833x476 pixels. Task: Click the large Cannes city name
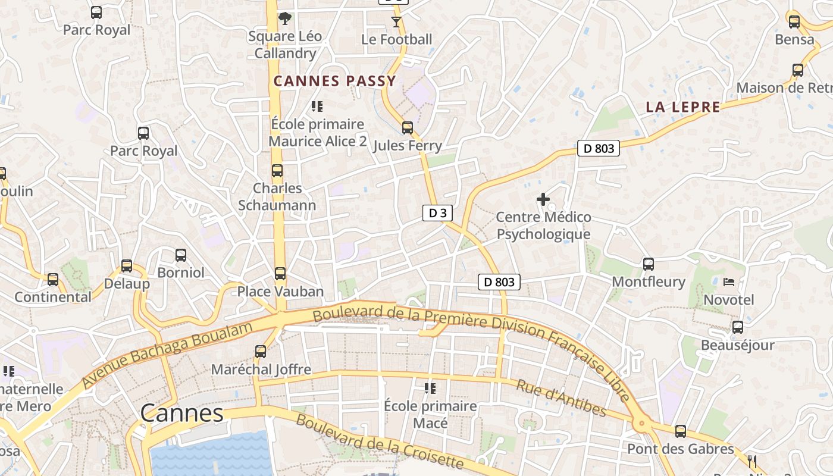(182, 413)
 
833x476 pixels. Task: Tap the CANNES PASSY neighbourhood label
(334, 82)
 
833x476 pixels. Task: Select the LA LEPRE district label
(683, 107)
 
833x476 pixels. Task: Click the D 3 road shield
(437, 213)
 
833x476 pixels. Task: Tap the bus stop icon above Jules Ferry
(408, 128)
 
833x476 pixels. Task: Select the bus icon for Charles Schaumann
(277, 171)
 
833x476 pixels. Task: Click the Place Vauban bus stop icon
(280, 274)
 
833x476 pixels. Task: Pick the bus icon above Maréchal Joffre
(261, 352)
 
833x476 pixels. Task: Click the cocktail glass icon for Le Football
(396, 22)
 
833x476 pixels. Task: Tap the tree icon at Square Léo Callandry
(285, 18)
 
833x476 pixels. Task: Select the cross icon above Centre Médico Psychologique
(543, 199)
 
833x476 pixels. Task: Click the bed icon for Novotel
(729, 282)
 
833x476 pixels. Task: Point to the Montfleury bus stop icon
(649, 264)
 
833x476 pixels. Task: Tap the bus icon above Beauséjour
(738, 327)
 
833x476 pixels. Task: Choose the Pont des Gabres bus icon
(681, 431)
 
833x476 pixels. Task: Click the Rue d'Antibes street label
(561, 398)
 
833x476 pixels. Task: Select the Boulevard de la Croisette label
(379, 441)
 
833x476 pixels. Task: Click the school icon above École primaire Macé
(430, 389)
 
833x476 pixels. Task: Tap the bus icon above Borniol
(181, 255)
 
